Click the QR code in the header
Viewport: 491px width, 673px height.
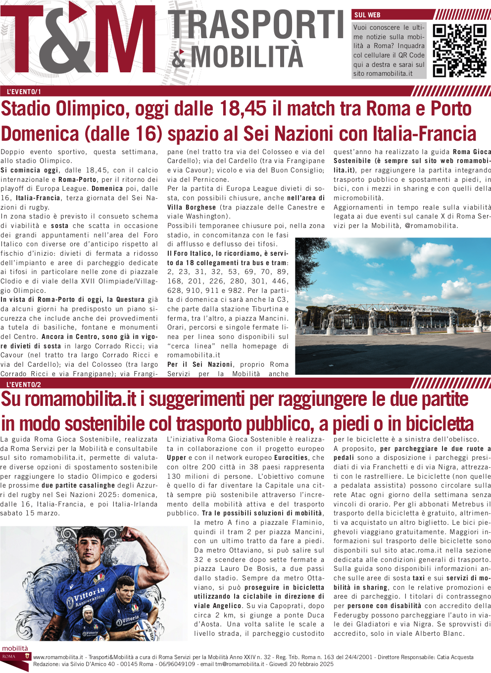point(459,51)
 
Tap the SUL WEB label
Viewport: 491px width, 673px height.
point(367,15)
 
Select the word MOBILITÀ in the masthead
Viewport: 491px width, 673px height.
point(246,56)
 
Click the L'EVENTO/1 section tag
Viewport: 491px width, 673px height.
point(24,92)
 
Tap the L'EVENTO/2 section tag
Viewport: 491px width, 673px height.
point(24,385)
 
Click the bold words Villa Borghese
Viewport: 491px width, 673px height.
point(191,207)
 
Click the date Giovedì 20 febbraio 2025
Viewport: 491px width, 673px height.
point(305,664)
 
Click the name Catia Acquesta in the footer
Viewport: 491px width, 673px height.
point(455,657)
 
